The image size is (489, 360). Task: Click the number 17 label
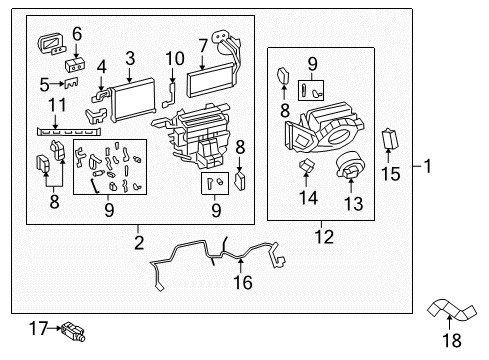pyautogui.click(x=37, y=326)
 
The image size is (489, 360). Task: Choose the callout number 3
pyautogui.click(x=131, y=58)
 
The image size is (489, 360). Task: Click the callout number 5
pyautogui.click(x=44, y=83)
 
